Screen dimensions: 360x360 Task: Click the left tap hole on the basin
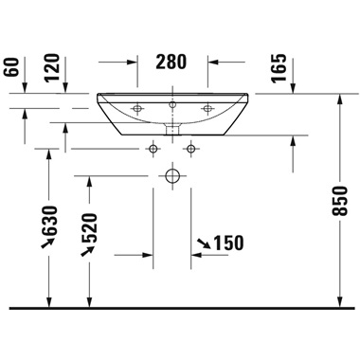click(x=137, y=106)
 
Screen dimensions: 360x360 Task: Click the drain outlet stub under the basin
click(x=173, y=125)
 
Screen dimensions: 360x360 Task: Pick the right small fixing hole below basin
click(x=192, y=148)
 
